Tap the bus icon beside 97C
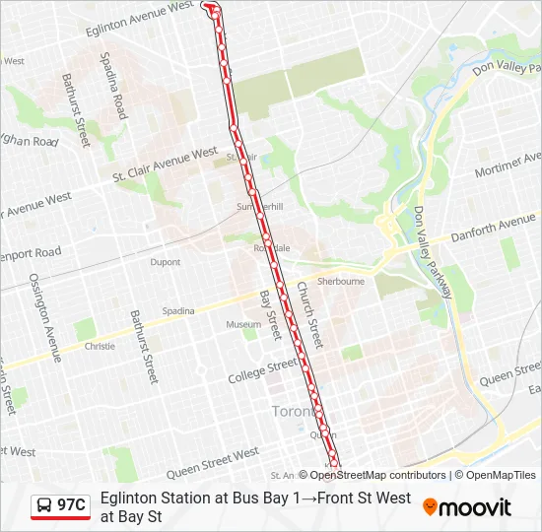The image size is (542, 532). click(45, 506)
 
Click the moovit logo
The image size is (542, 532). click(467, 507)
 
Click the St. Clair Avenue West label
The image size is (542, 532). click(165, 165)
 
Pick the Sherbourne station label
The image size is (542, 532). click(341, 281)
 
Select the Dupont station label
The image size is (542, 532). click(166, 262)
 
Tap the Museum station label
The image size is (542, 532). click(243, 324)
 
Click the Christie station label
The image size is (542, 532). click(100, 347)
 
